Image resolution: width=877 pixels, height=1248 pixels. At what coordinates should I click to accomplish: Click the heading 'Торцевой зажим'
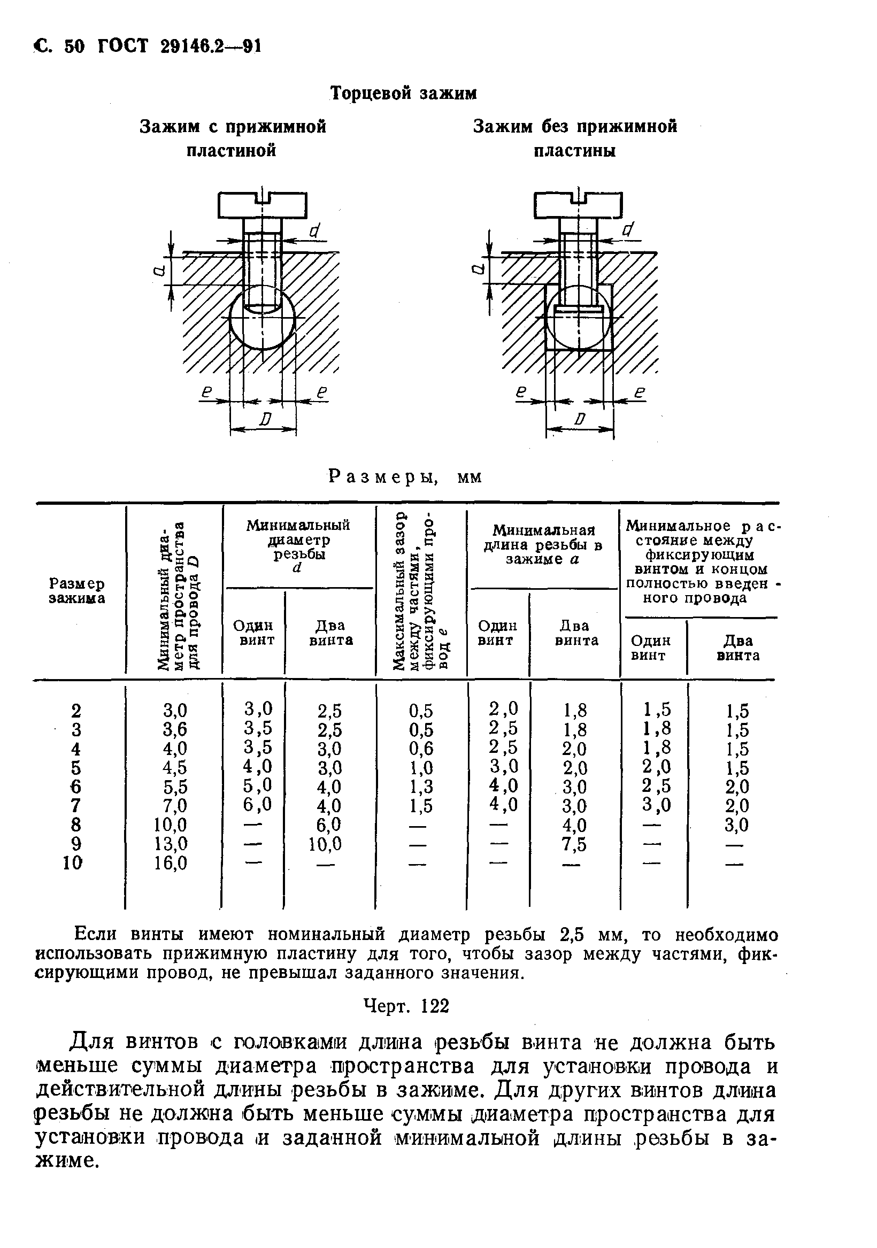(403, 94)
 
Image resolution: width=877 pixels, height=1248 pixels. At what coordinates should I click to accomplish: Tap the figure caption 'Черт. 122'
(407, 1006)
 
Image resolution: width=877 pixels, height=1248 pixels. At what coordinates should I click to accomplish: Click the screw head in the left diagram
(263, 205)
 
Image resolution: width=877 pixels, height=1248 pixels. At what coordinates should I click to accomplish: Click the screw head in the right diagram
(579, 205)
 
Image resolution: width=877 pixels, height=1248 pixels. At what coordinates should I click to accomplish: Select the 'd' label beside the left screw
(314, 231)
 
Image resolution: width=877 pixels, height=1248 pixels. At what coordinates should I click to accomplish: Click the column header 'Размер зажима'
(77, 591)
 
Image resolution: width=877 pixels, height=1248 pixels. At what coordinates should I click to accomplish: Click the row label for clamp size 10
(73, 862)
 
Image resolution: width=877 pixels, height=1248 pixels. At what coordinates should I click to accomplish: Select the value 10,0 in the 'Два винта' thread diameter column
(325, 844)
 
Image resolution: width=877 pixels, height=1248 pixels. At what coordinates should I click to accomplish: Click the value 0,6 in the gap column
(421, 749)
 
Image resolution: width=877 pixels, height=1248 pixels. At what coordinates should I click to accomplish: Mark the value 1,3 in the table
(421, 787)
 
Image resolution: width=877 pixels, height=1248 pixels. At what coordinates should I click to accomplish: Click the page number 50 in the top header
(75, 47)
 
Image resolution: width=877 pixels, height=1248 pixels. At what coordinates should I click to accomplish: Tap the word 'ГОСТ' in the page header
(123, 47)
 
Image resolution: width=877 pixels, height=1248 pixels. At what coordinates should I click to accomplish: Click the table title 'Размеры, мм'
(405, 477)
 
